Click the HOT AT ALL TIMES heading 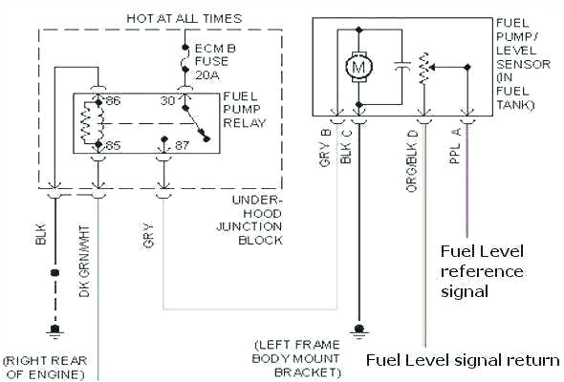(x=184, y=18)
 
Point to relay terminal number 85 (x=113, y=146)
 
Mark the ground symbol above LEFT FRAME (x=358, y=329)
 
